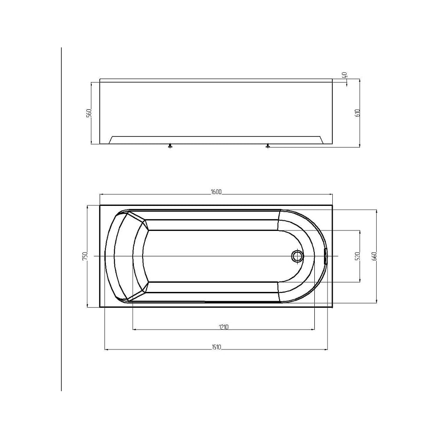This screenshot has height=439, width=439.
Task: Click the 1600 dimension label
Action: click(216, 191)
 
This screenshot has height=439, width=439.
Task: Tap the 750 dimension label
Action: click(85, 256)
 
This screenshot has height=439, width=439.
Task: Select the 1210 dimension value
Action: click(224, 327)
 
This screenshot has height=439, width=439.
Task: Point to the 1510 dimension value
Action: click(216, 347)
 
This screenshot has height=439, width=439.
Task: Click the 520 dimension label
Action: click(357, 256)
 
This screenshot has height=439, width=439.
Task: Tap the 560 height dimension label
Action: click(89, 113)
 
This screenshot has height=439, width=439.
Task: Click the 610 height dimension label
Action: click(357, 113)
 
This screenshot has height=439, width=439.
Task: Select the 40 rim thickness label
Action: click(344, 75)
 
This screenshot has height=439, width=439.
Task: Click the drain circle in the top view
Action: click(297, 256)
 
